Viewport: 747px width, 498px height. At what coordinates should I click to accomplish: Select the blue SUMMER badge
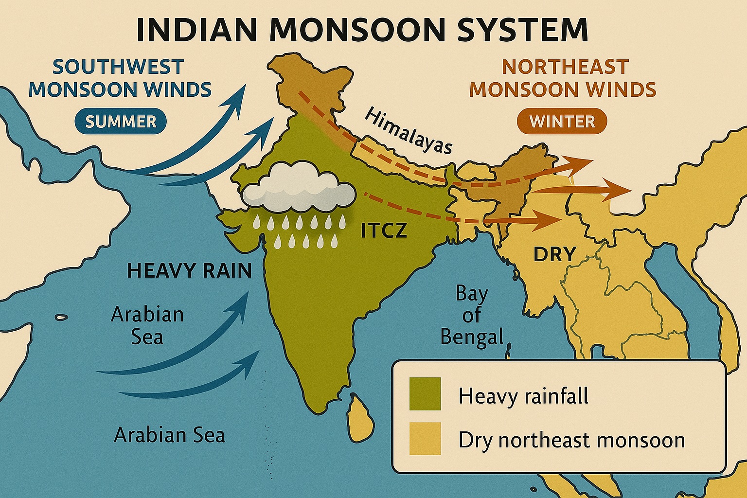click(121, 122)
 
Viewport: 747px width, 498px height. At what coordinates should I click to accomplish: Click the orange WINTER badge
click(562, 122)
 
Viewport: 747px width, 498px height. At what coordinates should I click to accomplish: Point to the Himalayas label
click(408, 131)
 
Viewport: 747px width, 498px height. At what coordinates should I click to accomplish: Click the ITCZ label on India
click(383, 231)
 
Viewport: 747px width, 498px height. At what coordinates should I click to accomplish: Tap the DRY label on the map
click(554, 254)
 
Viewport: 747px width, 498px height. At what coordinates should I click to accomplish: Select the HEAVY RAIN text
click(189, 271)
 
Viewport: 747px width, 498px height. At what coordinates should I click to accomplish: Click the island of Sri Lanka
click(361, 416)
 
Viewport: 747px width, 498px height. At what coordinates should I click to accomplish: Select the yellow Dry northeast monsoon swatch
click(425, 439)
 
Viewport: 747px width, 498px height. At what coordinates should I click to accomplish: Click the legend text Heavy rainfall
click(523, 396)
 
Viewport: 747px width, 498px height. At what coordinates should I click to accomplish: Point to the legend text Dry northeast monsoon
click(571, 440)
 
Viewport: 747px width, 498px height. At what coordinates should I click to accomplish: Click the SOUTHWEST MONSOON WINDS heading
click(120, 78)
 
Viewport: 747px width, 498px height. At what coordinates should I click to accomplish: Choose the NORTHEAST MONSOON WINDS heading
click(563, 78)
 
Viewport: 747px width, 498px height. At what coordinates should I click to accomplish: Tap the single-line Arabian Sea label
click(169, 435)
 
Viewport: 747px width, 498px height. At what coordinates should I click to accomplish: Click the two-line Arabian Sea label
click(147, 325)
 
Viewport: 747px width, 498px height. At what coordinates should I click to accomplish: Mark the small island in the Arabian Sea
click(61, 318)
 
